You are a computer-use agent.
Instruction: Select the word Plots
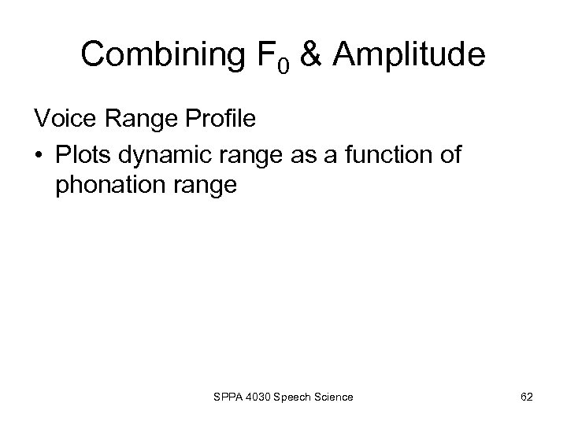pos(83,155)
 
